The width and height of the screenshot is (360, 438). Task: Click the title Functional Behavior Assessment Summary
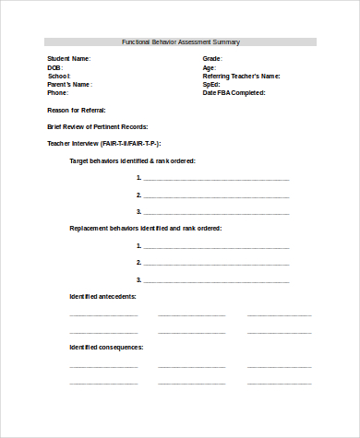180,41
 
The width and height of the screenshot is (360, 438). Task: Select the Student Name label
69,58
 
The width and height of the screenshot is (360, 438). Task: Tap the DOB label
54,67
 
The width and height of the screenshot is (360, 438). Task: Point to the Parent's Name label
70,84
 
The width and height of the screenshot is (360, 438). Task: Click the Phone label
58,93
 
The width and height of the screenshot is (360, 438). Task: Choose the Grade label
212,58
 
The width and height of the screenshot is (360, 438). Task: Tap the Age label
210,67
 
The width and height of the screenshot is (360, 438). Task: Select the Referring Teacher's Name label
241,76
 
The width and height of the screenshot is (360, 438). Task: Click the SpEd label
212,84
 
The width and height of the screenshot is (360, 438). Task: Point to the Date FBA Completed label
234,93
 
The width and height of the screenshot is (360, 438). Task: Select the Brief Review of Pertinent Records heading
97,126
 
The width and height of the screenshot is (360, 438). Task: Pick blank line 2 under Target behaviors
216,195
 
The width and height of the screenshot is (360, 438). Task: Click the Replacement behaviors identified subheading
145,228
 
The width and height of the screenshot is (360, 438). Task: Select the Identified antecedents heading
103,296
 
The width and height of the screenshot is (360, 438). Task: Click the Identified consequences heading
106,347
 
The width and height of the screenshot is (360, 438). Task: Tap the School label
59,76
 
